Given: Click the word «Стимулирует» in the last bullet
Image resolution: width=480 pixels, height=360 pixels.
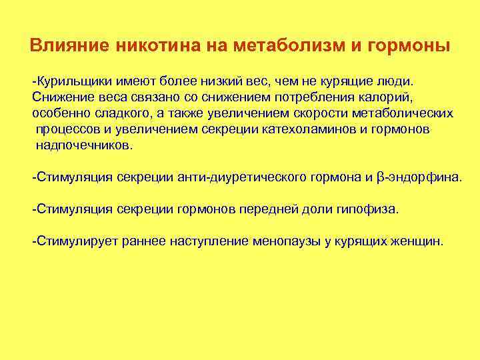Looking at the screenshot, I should (76, 241).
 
